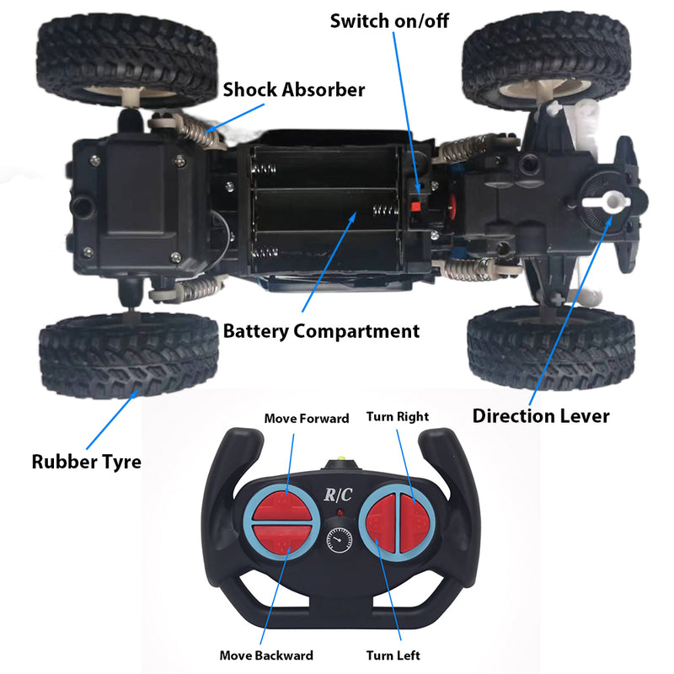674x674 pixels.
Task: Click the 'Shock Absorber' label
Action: pyautogui.click(x=293, y=89)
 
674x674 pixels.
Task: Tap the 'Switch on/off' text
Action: pyautogui.click(x=388, y=21)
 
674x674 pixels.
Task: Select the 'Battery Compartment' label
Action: pyautogui.click(x=321, y=331)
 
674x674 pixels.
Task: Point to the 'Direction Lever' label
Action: pyautogui.click(x=540, y=415)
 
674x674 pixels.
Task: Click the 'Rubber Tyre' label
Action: pyautogui.click(x=87, y=462)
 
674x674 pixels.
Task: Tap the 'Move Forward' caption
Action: pyautogui.click(x=307, y=419)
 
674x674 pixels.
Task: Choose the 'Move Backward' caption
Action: pyautogui.click(x=266, y=655)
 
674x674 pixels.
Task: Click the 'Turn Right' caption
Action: pyautogui.click(x=397, y=417)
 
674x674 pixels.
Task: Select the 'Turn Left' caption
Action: pyautogui.click(x=393, y=655)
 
